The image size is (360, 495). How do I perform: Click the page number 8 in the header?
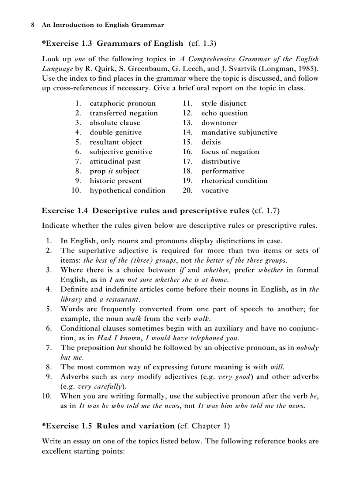(x=33, y=25)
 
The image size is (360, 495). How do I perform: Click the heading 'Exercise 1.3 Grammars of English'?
(x=112, y=43)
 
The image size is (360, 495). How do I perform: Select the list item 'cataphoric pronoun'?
(x=123, y=104)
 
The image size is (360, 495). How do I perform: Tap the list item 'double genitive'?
(x=116, y=132)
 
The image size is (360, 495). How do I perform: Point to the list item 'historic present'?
(x=116, y=181)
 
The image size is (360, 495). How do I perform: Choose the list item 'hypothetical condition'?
(x=127, y=190)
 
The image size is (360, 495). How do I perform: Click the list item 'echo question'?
(x=225, y=113)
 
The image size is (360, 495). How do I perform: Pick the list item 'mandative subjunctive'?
(x=239, y=132)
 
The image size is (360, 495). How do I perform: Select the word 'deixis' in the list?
(x=211, y=142)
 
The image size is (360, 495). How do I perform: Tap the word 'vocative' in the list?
(x=215, y=190)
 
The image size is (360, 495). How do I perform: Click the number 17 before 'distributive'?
(x=187, y=161)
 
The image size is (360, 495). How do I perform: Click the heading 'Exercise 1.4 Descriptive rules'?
(x=146, y=211)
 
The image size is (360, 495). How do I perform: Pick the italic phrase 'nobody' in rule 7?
(x=307, y=348)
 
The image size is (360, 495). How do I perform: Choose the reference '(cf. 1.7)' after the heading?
(x=266, y=211)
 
